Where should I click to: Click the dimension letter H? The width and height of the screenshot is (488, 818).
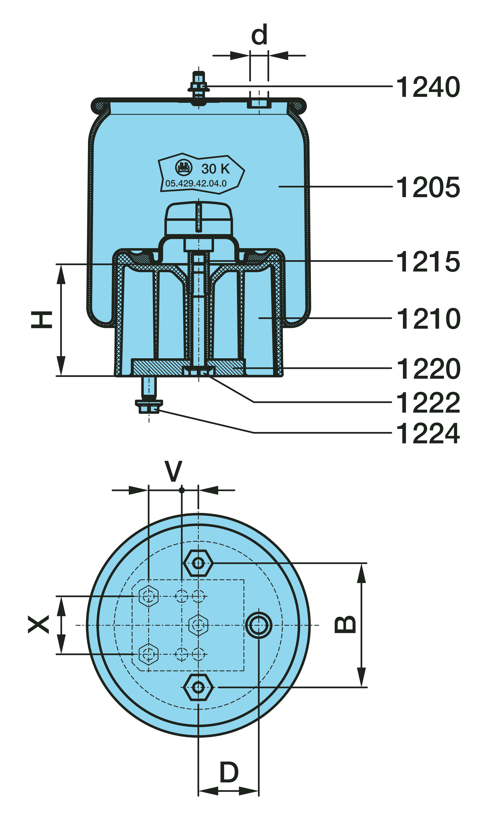[x=42, y=320]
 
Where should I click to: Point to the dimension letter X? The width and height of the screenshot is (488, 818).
[x=39, y=625]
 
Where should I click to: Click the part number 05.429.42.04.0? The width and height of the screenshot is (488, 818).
[x=196, y=183]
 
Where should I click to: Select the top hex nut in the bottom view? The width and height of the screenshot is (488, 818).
[x=198, y=563]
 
